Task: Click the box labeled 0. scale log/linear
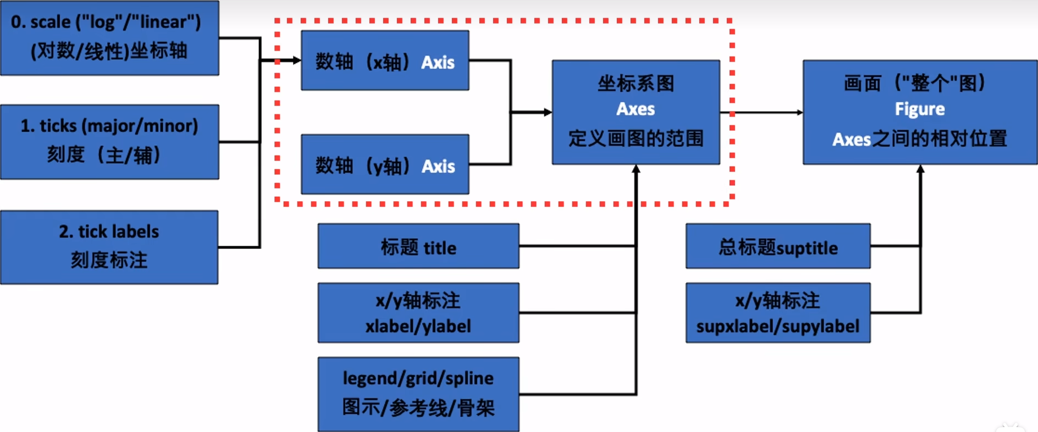[109, 37]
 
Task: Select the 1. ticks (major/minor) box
[109, 141]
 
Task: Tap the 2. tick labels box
[109, 247]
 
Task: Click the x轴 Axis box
[385, 60]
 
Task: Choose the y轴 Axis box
[385, 164]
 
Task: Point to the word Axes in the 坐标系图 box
[636, 109]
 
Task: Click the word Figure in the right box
[920, 109]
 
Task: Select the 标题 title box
[418, 246]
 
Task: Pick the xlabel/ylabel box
[418, 313]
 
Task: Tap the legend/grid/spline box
[418, 394]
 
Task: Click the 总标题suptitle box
[778, 246]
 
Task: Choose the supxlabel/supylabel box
[778, 313]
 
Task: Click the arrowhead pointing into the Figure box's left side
[799, 113]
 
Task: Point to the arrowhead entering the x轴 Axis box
[297, 60]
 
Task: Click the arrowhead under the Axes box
[636, 169]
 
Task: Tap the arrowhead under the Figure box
[920, 169]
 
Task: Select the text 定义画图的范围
[636, 138]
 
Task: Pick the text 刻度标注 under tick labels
[109, 259]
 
